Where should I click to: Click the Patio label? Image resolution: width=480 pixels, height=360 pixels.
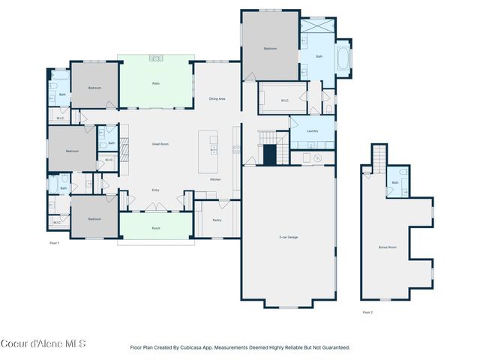[x=156, y=83]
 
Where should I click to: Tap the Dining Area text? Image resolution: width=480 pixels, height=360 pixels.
[x=217, y=99]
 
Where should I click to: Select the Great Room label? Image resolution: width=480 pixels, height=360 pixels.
[x=160, y=143]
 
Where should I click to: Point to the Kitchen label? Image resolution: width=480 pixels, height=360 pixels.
[x=215, y=179]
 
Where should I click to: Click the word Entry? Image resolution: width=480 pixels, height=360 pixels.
[x=156, y=190]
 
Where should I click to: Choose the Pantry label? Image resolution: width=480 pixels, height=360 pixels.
[x=217, y=220]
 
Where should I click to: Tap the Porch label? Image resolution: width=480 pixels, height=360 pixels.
[x=156, y=228]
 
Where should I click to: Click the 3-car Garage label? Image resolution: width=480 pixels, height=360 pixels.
[x=288, y=237]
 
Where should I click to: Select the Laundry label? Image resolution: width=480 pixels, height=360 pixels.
[x=312, y=131]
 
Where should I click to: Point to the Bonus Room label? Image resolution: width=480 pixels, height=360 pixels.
[x=387, y=247]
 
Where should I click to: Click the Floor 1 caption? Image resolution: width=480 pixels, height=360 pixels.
[x=54, y=243]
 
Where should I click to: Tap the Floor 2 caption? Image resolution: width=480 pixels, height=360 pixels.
[x=367, y=311]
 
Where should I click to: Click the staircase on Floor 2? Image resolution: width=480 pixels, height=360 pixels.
[x=381, y=156]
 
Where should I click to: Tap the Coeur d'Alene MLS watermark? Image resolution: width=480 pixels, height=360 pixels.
[x=43, y=344]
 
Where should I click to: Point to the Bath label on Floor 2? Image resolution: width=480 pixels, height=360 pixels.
[x=395, y=182]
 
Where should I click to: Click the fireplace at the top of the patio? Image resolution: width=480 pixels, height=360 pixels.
[x=156, y=57]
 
